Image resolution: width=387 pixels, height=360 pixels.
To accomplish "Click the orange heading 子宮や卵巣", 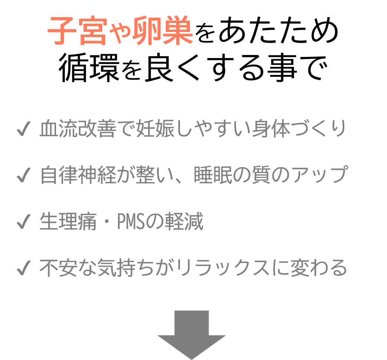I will coord(120,31).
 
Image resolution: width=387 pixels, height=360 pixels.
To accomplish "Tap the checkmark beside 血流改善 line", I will coord(23,129).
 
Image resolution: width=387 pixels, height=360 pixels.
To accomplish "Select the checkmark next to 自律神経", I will coord(23,175).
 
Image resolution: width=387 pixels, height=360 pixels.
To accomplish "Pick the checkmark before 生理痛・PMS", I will coord(23,222).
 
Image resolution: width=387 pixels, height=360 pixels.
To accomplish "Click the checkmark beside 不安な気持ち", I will coord(23,268).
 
